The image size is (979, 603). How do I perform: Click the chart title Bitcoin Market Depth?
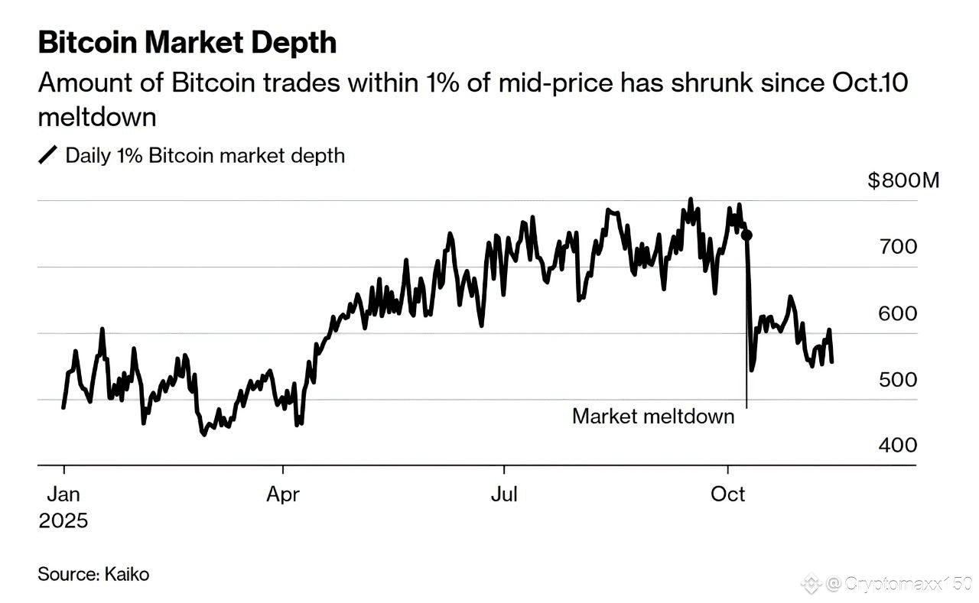click(187, 43)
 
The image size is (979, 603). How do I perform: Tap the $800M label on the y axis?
click(903, 181)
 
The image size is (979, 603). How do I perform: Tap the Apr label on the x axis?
click(283, 494)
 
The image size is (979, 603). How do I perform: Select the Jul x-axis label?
click(504, 494)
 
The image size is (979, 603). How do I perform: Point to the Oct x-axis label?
click(727, 494)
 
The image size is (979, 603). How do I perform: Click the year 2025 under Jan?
click(63, 521)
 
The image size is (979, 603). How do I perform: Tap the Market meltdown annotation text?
click(652, 417)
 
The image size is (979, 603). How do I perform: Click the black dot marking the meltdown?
click(747, 235)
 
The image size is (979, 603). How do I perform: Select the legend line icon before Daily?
click(47, 156)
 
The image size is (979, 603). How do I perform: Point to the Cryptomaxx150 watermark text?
click(899, 585)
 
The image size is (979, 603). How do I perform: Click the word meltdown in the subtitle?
click(97, 118)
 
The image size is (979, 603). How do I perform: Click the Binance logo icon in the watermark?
click(810, 585)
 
